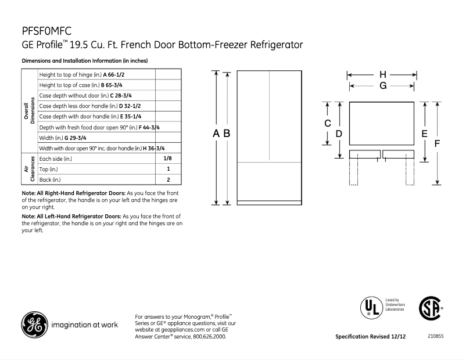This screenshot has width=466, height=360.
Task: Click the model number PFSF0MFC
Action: click(46, 30)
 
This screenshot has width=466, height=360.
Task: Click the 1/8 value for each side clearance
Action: click(168, 158)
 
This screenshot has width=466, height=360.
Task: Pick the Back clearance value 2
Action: click(168, 179)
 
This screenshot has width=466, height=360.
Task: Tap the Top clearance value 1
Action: click(168, 169)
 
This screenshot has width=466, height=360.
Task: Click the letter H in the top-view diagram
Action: click(382, 75)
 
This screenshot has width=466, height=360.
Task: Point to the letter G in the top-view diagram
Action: click(382, 86)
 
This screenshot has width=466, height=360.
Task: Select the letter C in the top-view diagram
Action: click(328, 123)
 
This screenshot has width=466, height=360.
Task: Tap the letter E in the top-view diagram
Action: click(425, 134)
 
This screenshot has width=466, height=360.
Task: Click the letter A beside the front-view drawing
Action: click(216, 134)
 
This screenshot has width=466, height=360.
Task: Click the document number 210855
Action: click(436, 336)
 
